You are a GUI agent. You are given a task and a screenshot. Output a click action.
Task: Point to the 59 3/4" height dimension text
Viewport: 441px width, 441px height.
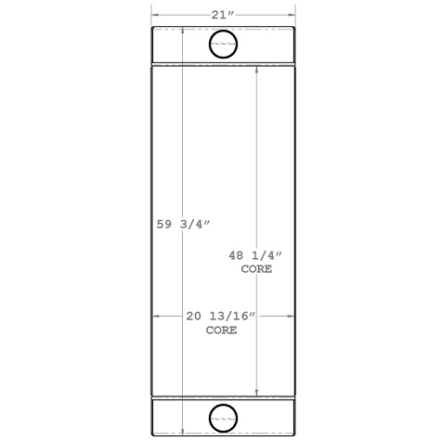pyautogui.click(x=184, y=223)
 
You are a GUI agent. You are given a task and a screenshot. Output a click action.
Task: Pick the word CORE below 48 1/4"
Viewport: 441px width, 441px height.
pyautogui.click(x=257, y=269)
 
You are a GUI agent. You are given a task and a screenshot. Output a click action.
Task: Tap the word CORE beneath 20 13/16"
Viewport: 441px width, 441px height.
pyautogui.click(x=221, y=330)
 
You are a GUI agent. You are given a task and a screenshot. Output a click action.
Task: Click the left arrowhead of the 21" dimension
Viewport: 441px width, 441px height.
pyautogui.click(x=155, y=15)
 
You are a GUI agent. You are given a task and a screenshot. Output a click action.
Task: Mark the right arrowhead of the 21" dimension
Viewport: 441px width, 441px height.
pyautogui.click(x=292, y=15)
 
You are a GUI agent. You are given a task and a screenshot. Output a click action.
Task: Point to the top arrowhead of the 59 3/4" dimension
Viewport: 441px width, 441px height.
pyautogui.click(x=183, y=31)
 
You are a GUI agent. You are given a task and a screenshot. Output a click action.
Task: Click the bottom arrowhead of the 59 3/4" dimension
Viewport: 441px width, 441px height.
pyautogui.click(x=183, y=431)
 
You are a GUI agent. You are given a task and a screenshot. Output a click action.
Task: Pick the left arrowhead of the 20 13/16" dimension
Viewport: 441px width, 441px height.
pyautogui.click(x=155, y=317)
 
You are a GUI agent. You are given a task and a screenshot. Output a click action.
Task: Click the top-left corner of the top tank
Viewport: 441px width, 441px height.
pyautogui.click(x=153, y=29)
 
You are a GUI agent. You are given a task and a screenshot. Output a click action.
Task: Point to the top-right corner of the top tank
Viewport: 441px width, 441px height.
pyautogui.click(x=294, y=29)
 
